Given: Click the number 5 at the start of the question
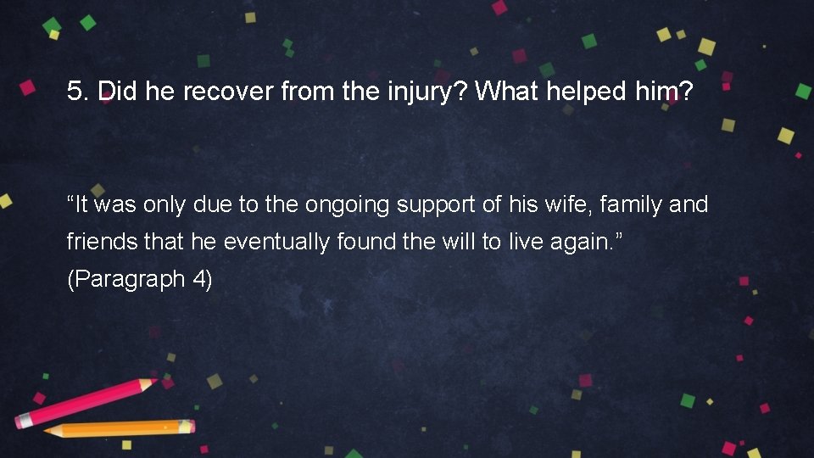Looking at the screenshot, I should click(73, 92).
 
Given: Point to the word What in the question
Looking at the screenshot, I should click(505, 92).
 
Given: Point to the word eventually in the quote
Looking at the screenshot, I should click(277, 242).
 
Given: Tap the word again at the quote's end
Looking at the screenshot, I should click(581, 243).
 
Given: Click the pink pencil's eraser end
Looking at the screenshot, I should click(23, 420).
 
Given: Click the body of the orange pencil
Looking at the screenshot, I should click(127, 428).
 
